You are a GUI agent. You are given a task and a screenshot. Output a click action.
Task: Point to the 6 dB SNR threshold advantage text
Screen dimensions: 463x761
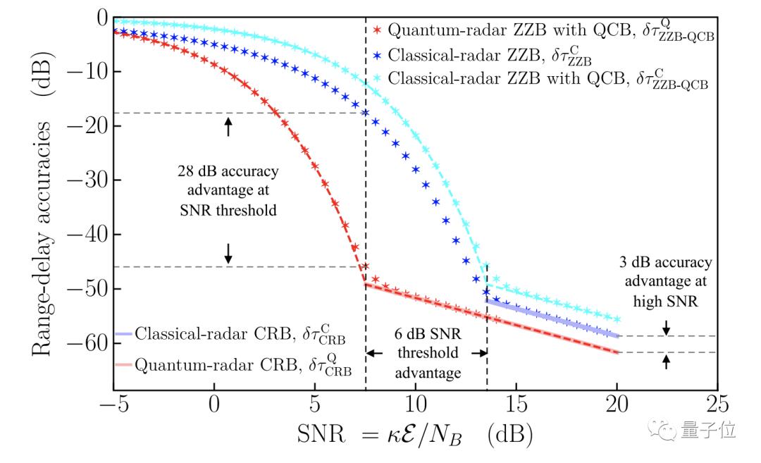426,352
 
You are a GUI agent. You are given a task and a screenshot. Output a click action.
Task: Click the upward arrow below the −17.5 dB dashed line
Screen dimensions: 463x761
228,126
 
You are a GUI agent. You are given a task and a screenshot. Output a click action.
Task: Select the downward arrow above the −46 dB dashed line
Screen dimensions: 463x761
228,253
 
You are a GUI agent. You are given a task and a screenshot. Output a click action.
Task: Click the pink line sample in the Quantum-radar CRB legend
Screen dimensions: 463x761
123,365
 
